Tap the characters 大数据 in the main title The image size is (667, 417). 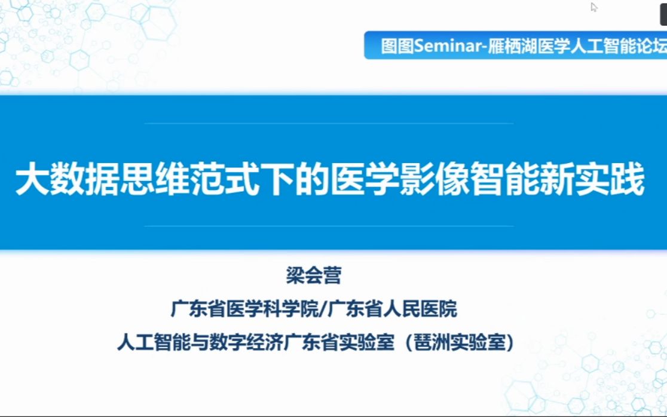tap(54, 180)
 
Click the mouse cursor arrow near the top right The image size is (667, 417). tap(593, 7)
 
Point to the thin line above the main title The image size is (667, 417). tap(329, 124)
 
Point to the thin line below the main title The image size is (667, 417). tap(329, 226)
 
